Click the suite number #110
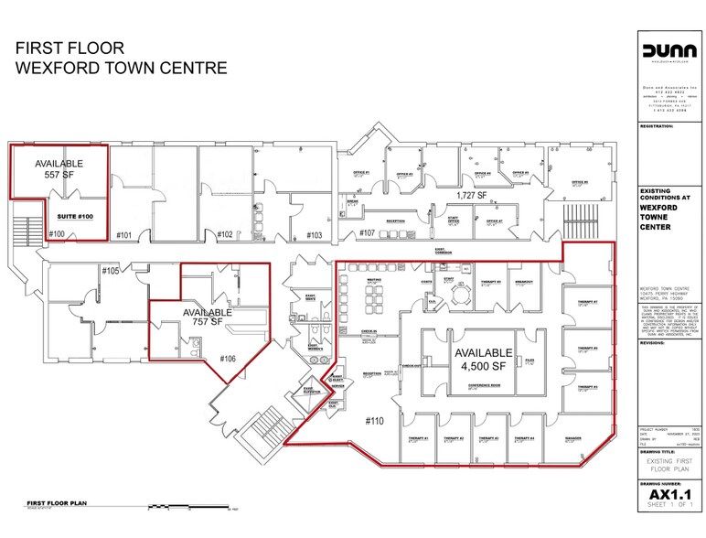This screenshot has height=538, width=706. click(374, 421)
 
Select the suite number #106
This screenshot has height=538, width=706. click(227, 360)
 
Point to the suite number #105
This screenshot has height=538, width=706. click(111, 271)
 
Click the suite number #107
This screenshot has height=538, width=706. click(368, 234)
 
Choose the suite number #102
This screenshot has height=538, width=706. click(225, 235)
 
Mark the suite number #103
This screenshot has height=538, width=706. click(314, 235)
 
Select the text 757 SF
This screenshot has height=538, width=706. click(204, 323)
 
